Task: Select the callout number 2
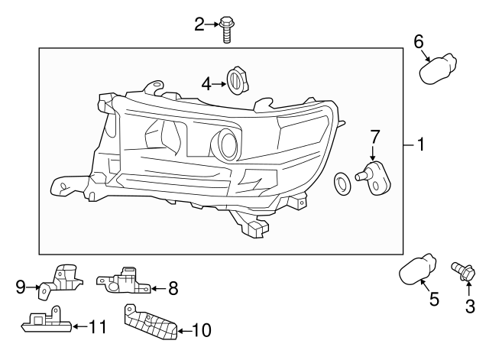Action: tap(200, 25)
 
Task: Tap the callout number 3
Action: tap(470, 306)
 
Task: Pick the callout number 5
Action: tap(434, 300)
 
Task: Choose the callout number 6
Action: tap(419, 42)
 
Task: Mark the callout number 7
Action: tap(374, 137)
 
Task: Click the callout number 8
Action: tap(173, 288)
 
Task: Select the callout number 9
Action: tap(21, 287)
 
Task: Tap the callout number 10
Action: tap(201, 330)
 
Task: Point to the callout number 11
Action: tap(96, 327)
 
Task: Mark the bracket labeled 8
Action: tap(125, 281)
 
